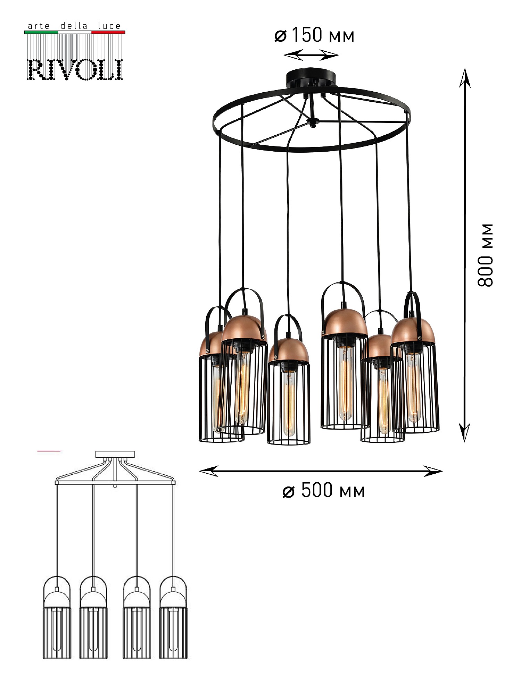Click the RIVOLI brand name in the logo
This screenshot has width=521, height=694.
pyautogui.click(x=75, y=70)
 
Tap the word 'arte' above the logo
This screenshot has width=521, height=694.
pyautogui.click(x=39, y=26)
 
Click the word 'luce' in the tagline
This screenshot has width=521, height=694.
pyautogui.click(x=109, y=26)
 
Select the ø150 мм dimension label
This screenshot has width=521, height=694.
pyautogui.click(x=314, y=35)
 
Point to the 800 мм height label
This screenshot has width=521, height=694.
pyautogui.click(x=485, y=255)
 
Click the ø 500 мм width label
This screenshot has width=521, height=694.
pyautogui.click(x=324, y=490)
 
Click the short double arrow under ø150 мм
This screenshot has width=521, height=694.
pyautogui.click(x=311, y=55)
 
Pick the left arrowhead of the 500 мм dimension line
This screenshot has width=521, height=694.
pyautogui.click(x=208, y=471)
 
